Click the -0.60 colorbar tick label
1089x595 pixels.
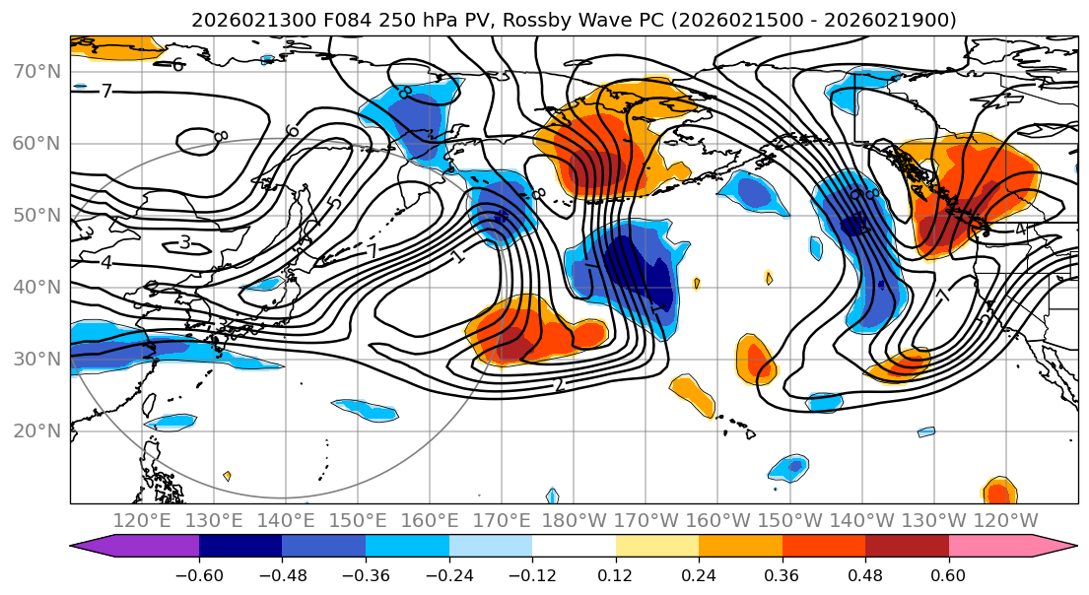click(199, 573)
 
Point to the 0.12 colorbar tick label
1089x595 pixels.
click(616, 573)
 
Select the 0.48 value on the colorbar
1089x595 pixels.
click(865, 573)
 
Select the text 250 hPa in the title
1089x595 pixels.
click(380, 21)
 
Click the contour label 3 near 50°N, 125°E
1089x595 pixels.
click(184, 242)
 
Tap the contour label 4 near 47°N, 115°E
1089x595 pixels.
click(105, 263)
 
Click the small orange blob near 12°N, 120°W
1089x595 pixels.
click(999, 490)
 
